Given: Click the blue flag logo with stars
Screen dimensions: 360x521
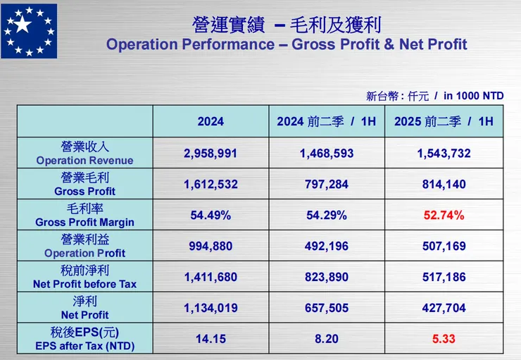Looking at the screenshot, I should [29, 30].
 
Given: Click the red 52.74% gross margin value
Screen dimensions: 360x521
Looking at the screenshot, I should [444, 216].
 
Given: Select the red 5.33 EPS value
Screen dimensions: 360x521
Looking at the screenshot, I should [444, 339].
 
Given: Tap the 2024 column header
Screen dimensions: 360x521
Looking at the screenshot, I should [211, 121].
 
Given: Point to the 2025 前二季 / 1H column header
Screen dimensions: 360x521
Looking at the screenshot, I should [444, 121].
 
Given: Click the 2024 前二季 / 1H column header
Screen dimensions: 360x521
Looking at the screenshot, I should [327, 121].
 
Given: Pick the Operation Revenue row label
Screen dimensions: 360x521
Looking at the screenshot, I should [84, 154].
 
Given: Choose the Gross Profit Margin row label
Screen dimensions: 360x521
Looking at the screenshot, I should [84, 216].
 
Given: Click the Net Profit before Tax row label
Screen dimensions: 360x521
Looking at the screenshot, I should [84, 277].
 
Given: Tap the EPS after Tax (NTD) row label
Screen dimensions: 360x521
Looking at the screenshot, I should [84, 339].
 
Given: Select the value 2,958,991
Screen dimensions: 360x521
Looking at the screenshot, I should [211, 154].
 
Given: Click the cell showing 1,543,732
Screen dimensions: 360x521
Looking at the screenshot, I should [444, 154].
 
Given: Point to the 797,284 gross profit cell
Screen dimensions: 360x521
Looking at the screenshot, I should [327, 185].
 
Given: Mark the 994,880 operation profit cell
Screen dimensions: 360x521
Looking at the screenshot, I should [211, 247].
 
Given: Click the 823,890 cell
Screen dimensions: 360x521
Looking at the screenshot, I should [327, 277].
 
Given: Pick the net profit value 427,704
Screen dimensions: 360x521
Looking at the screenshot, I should [444, 308].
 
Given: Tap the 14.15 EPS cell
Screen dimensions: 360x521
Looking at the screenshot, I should [211, 339].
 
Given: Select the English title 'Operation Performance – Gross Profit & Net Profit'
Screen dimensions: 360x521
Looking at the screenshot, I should [286, 44].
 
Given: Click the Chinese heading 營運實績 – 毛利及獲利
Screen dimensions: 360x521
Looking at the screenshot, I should [286, 25].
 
